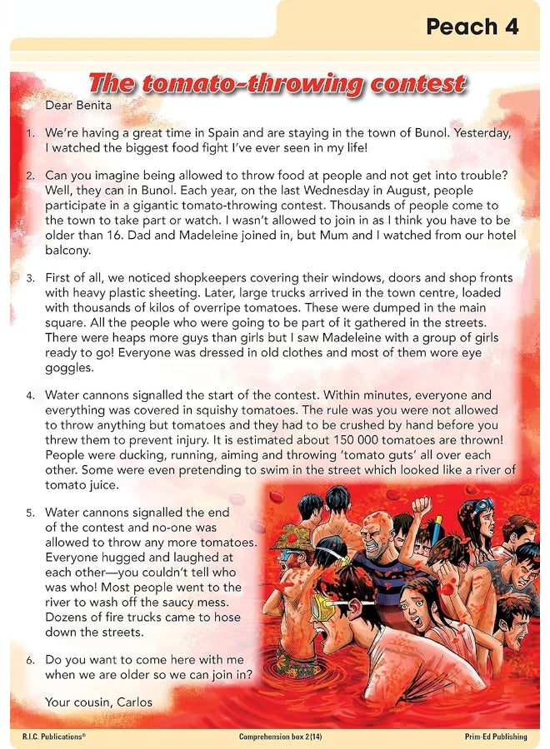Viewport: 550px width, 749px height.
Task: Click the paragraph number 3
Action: tap(30, 278)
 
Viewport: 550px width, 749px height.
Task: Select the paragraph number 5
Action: tap(30, 513)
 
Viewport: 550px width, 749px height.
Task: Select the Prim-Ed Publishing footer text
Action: tap(497, 737)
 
